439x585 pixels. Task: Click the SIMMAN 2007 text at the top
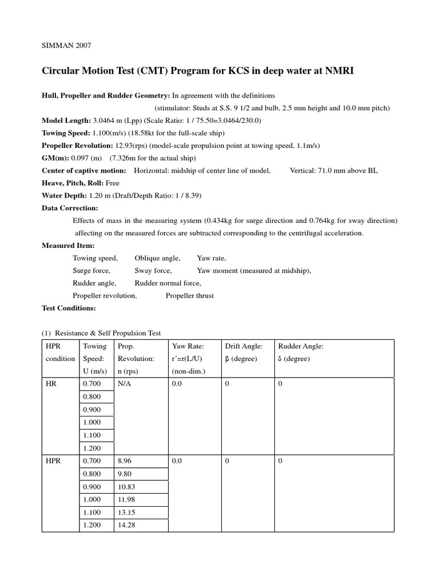63,45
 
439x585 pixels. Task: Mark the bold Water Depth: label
65,196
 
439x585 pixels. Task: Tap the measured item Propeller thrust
189,295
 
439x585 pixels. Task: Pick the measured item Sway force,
153,271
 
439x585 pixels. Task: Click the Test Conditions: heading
69,308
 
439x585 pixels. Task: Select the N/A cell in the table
124,385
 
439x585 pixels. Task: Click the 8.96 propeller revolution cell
124,460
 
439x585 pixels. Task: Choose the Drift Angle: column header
244,346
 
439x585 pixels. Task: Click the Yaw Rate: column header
188,346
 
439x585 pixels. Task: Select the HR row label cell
50,385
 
